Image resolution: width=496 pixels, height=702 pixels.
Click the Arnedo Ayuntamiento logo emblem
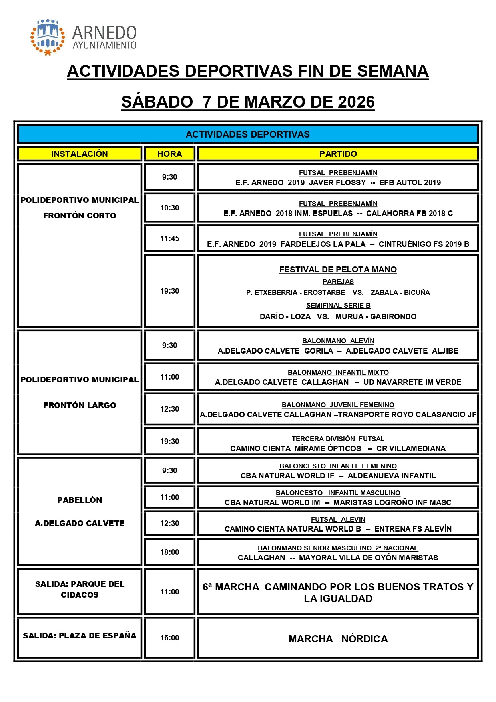pos(48,37)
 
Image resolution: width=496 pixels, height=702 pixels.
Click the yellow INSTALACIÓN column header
pos(79,154)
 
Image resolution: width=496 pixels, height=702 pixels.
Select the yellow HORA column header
pos(169,154)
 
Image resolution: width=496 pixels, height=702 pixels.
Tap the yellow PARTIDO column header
pos(338,154)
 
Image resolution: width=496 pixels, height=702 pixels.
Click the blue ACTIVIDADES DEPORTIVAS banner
pos(248,134)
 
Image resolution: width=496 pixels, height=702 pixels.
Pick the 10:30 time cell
pos(169,208)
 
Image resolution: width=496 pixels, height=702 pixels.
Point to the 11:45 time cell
pos(169,239)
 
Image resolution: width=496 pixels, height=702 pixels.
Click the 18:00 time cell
pos(169,552)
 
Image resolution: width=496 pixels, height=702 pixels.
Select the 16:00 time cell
pos(169,638)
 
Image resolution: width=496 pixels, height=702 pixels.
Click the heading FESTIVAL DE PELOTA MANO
pos(338,270)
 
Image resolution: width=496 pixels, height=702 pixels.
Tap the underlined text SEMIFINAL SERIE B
pos(338,306)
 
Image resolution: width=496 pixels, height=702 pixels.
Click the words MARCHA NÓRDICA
pos(338,639)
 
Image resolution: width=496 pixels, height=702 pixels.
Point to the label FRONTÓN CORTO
pos(80,216)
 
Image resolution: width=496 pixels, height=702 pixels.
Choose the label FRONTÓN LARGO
pos(80,405)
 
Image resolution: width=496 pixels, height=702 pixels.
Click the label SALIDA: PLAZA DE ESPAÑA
pos(80,636)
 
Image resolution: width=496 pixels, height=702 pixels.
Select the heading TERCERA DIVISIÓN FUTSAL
pos(338,439)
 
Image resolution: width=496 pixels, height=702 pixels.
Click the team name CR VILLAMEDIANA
pos(411,449)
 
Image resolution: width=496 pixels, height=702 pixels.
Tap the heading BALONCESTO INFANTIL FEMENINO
pos(338,466)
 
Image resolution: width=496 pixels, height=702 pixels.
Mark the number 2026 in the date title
pos(356,102)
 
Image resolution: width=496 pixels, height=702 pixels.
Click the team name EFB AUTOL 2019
pos(410,183)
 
